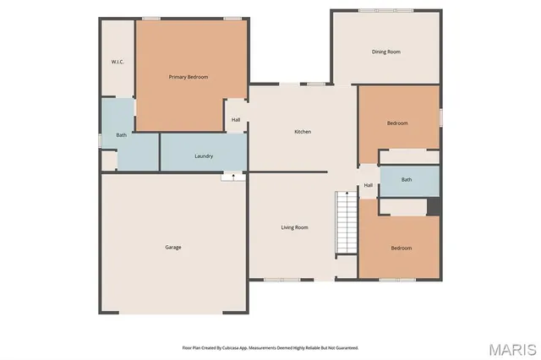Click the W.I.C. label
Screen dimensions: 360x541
tap(117, 62)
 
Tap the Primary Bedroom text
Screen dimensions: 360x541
tap(189, 77)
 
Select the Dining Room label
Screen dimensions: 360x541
tap(386, 52)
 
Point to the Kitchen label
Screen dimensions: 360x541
tap(303, 132)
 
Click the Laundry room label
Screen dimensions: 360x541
tap(204, 156)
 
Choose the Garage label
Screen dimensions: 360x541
tap(173, 247)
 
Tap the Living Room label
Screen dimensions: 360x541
tap(295, 227)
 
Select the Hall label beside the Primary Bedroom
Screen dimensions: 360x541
tap(236, 120)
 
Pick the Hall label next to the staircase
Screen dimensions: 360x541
tap(369, 186)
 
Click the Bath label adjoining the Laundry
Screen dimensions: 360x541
tap(122, 135)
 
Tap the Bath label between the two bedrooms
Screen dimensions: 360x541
tap(407, 179)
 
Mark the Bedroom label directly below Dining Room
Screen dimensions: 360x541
tap(397, 123)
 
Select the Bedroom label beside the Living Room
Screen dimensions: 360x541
tap(401, 248)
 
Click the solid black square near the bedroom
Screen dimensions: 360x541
tap(434, 206)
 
